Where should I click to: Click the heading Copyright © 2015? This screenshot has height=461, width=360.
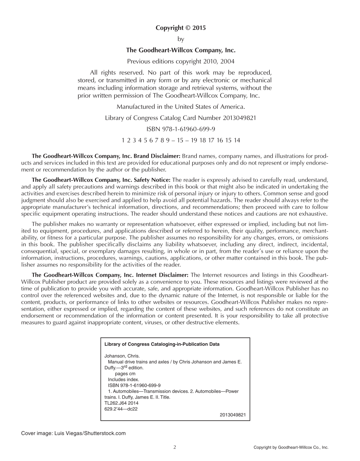tap(181, 28)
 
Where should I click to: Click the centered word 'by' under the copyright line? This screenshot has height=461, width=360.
tap(181, 39)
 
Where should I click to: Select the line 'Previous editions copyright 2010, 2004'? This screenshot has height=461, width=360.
tap(181, 61)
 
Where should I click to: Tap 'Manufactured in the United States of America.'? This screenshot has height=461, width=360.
tap(181, 107)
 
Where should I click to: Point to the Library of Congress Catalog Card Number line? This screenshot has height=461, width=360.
tap(181, 118)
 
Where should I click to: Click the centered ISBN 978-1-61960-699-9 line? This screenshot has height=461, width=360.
tap(181, 129)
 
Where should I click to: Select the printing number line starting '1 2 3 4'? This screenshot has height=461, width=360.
tap(181, 140)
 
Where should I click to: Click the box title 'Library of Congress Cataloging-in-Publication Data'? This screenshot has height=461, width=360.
tap(162, 344)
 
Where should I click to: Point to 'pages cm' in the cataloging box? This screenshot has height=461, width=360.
tap(125, 373)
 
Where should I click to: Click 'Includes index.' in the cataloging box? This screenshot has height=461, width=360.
tap(123, 379)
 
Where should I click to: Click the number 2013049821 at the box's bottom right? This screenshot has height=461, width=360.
tap(233, 415)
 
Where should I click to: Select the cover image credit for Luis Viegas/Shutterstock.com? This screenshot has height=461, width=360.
tap(73, 433)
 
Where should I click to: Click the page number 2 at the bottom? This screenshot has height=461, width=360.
tap(175, 447)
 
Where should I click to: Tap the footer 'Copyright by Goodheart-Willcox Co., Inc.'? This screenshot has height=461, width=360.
tap(291, 448)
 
